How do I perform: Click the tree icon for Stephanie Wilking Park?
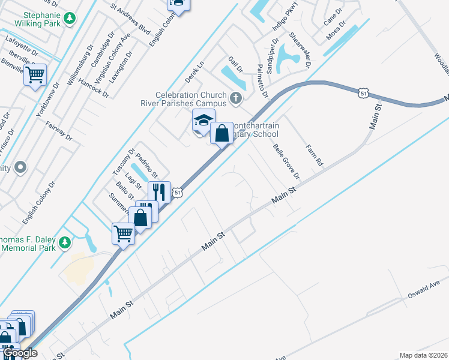(x=70, y=18)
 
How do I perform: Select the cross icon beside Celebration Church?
(x=237, y=98)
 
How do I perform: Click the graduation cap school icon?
(x=203, y=119)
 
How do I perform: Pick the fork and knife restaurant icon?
(x=159, y=192)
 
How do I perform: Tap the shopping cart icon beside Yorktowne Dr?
(x=35, y=75)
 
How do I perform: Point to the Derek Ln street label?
(x=194, y=71)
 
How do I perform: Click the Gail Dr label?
(x=235, y=65)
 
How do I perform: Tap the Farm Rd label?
(x=314, y=155)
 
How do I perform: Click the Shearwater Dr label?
(x=298, y=50)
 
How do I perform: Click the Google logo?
(x=20, y=353)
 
